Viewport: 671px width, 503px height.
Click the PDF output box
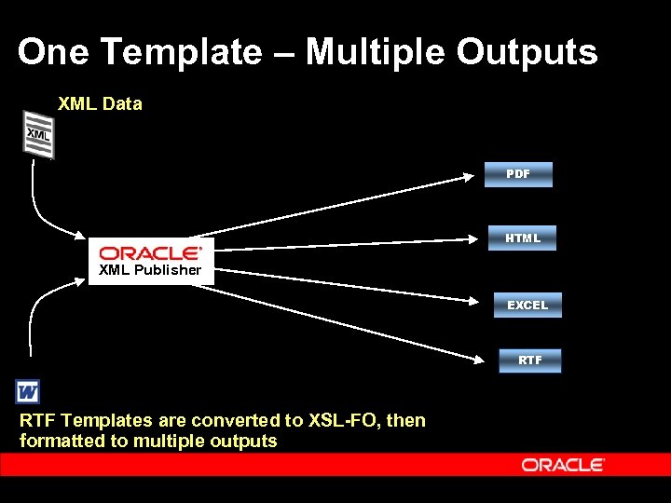(517, 174)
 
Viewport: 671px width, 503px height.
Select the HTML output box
(523, 238)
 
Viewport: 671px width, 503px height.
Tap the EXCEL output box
(527, 306)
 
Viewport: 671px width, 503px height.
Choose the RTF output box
(529, 360)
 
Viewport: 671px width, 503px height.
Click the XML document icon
(38, 134)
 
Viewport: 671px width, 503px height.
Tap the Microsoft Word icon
(28, 390)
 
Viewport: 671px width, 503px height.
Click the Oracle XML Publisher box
(151, 261)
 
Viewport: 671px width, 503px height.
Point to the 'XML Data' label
(100, 103)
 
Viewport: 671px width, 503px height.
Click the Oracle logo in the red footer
(563, 464)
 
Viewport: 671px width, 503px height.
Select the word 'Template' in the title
(182, 52)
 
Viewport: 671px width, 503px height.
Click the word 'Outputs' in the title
(527, 52)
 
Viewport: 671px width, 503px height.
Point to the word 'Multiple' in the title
(376, 52)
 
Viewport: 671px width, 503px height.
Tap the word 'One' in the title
(53, 52)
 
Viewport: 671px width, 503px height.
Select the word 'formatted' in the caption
(62, 441)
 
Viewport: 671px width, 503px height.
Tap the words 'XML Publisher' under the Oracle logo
(150, 270)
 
